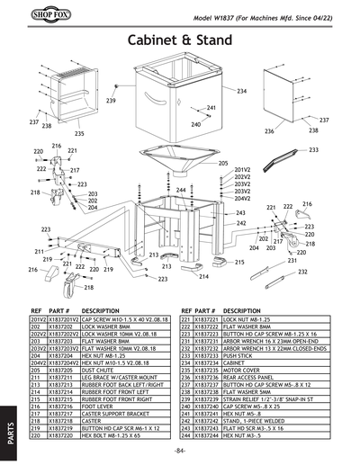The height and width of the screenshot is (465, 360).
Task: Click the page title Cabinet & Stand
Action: pos(180,41)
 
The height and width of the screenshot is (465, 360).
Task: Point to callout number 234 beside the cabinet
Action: pos(241,92)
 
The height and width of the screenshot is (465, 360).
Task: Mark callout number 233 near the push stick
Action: pos(313,150)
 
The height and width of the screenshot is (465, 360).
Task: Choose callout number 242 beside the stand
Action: pos(241,222)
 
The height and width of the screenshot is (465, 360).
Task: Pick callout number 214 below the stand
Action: pos(203,276)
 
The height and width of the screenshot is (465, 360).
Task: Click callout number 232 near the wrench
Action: pos(303,271)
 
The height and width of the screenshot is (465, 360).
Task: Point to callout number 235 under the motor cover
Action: pos(79,133)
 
